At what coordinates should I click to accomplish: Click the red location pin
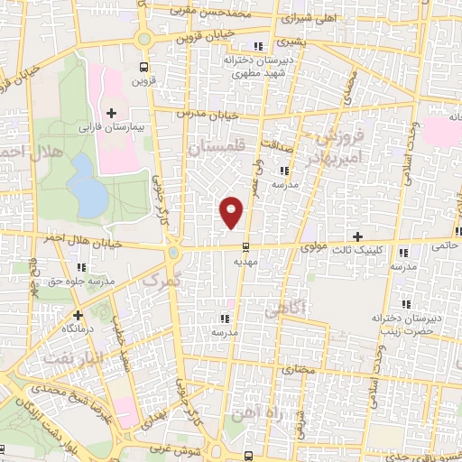232,211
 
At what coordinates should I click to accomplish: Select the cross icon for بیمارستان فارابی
111,113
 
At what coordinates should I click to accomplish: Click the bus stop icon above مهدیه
245,246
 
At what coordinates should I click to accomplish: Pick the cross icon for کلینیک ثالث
358,236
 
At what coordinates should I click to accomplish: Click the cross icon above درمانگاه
79,315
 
